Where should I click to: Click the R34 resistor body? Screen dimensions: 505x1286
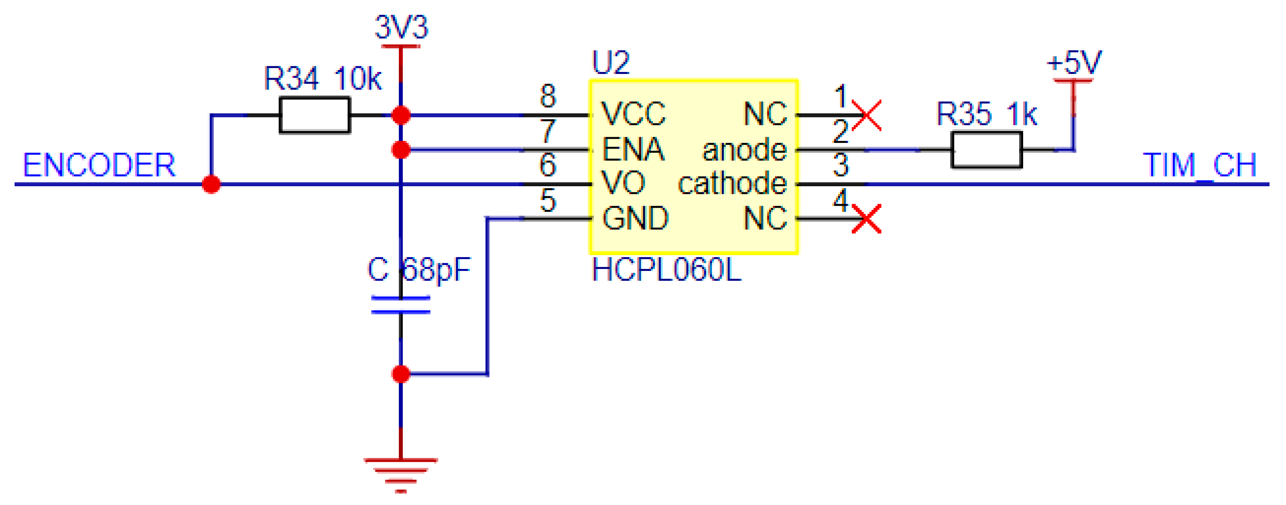315,115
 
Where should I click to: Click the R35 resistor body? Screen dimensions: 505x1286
986,150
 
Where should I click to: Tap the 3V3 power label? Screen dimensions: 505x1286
401,28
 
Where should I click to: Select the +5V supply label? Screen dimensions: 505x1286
1074,63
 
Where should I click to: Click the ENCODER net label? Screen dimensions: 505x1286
99,165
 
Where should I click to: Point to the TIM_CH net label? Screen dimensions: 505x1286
1199,165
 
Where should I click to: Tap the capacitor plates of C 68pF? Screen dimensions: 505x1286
400,305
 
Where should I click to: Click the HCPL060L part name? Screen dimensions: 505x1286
666,271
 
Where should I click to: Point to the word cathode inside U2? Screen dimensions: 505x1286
732,184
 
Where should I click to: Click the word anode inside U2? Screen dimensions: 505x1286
744,150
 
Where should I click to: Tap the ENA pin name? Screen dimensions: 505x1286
633,150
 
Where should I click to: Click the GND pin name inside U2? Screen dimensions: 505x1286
635,218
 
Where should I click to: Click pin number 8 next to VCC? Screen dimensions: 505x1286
548,96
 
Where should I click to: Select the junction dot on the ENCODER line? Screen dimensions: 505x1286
211,185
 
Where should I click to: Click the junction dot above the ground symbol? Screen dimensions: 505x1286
401,374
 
